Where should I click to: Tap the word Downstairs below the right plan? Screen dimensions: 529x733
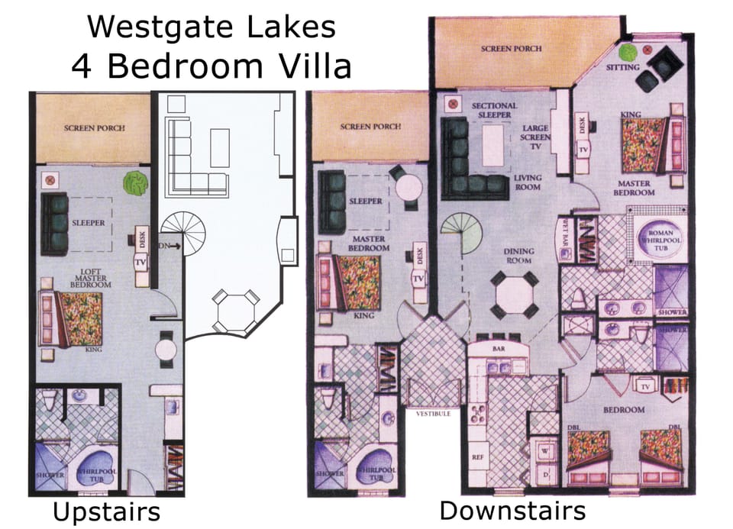coord(512,510)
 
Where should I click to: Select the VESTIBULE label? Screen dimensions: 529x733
coord(432,414)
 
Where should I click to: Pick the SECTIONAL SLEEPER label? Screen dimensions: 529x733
coord(494,110)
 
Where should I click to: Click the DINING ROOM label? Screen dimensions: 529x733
coord(518,256)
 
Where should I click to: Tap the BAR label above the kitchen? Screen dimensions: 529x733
coord(501,347)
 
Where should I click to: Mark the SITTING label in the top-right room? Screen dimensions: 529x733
coord(618,68)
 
